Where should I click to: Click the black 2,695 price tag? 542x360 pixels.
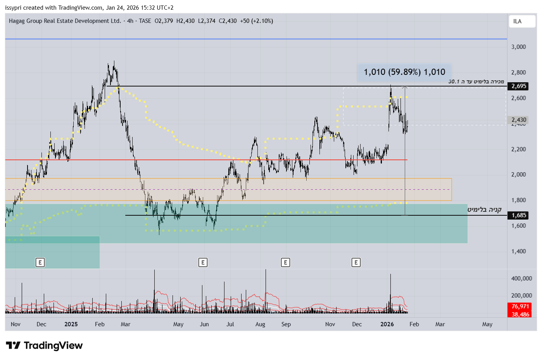point(519,86)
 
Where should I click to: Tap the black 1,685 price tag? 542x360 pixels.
point(519,215)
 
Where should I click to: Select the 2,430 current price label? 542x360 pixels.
point(519,120)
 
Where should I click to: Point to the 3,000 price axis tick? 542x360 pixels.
point(518,47)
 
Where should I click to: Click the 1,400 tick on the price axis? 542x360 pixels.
point(518,251)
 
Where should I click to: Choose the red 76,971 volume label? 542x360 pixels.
point(520,306)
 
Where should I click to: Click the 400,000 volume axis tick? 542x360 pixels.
point(521,279)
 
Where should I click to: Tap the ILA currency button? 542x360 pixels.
point(517,21)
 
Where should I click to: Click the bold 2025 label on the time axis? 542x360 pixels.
point(71,324)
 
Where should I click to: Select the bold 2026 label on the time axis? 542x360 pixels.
point(387,324)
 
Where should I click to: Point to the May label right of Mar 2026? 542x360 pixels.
point(487,324)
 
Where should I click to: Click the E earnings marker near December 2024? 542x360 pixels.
point(40,263)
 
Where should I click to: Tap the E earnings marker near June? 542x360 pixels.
point(203,263)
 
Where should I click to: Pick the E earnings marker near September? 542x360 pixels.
point(285,263)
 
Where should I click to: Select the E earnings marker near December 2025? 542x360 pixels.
point(356,263)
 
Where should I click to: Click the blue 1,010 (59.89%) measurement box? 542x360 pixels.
point(404,72)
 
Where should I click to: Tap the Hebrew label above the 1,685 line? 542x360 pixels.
point(484,209)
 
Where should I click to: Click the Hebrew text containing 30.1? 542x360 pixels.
point(476,81)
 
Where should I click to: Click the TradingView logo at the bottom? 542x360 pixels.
point(44,345)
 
